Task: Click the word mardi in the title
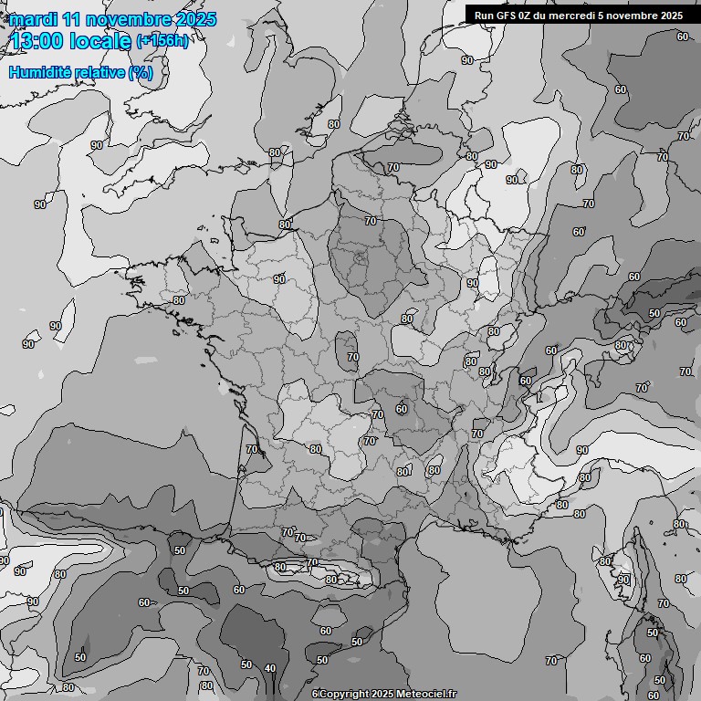[x=34, y=19]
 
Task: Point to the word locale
[x=103, y=41]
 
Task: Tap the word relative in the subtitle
[x=100, y=72]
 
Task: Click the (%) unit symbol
[x=141, y=72]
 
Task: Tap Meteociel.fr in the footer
[x=425, y=694]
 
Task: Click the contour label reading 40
[x=270, y=669]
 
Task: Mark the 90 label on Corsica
[x=623, y=580]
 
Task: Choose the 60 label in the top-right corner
[x=682, y=37]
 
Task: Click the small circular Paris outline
[x=360, y=258]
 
